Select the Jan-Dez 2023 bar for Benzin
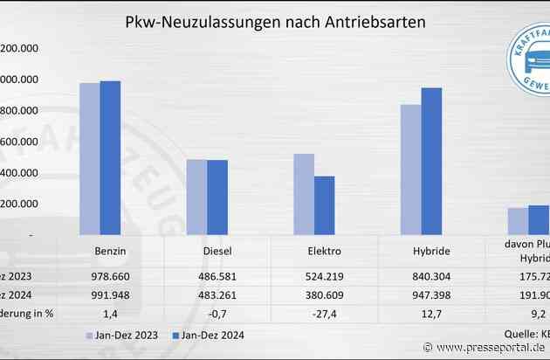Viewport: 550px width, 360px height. [x=89, y=158]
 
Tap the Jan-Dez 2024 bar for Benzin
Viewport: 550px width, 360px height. [x=111, y=157]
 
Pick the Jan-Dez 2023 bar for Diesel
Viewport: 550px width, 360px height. [x=196, y=197]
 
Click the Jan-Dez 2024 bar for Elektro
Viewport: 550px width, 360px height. [x=325, y=205]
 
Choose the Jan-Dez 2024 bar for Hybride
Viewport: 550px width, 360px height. [x=431, y=161]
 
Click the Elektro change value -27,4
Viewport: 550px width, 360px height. [x=325, y=311]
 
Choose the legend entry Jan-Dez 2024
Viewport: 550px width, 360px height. [x=210, y=335]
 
